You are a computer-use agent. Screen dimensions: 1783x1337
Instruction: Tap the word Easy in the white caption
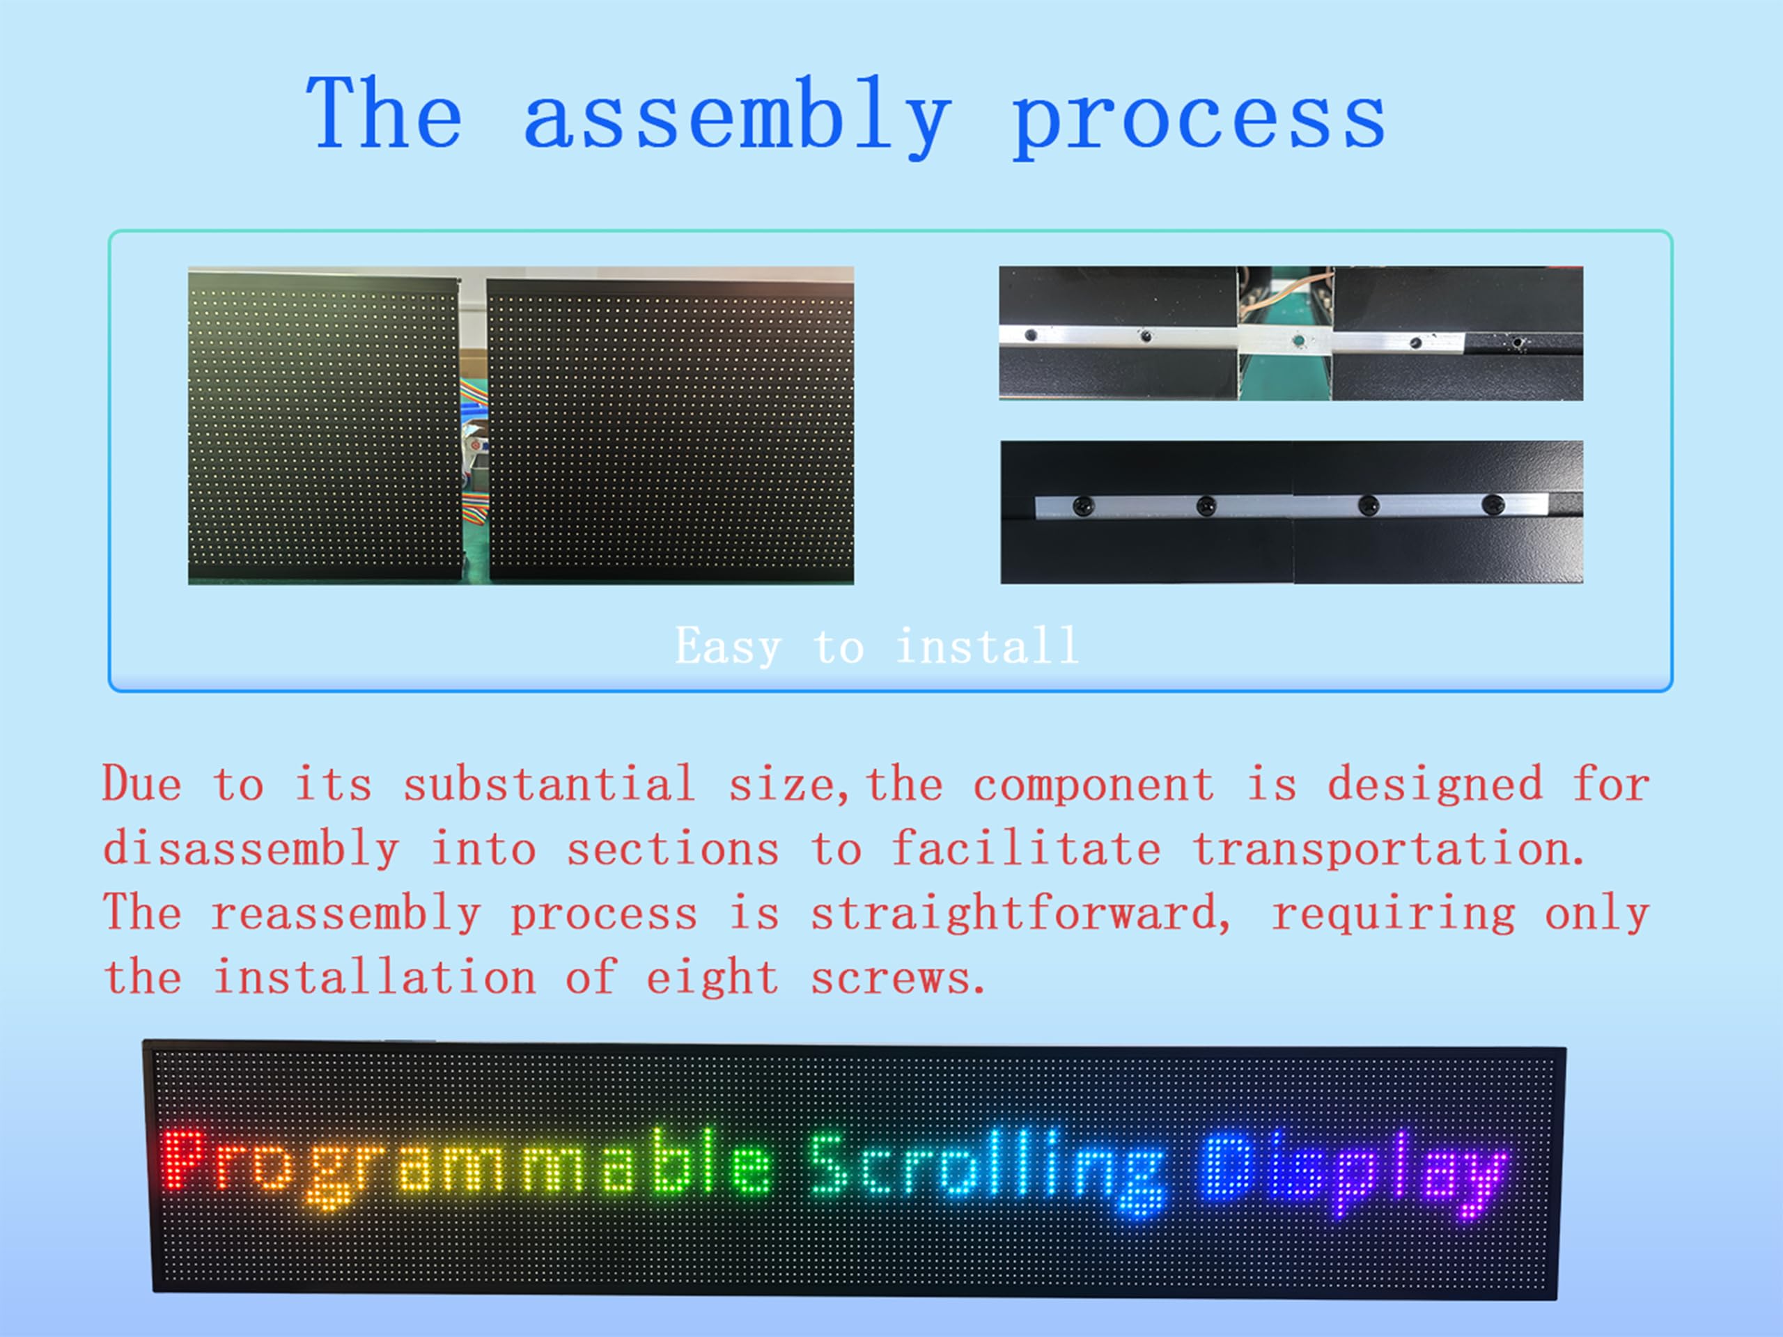tap(728, 646)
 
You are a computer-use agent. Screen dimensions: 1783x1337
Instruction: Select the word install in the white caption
tap(988, 646)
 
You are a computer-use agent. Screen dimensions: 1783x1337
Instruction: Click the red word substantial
tap(549, 783)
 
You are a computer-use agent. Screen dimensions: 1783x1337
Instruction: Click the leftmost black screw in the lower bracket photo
tap(1083, 506)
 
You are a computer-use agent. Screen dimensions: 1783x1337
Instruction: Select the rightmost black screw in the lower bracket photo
tap(1493, 504)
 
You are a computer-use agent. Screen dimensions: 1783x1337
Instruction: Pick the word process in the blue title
tap(1198, 121)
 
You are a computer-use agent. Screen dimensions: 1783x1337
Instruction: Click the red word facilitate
tap(1025, 849)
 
